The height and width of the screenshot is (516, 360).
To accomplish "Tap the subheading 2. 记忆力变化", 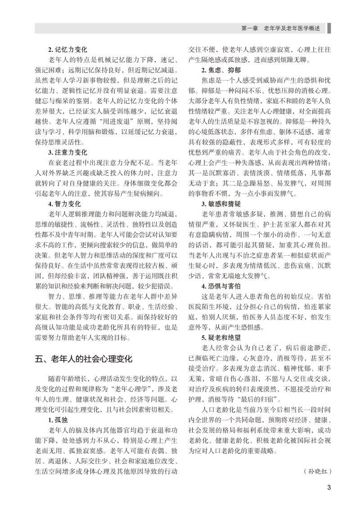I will (67, 49).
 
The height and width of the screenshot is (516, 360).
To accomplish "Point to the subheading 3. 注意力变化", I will (67, 152).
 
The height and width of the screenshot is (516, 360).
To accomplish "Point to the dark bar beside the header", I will (329, 28).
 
